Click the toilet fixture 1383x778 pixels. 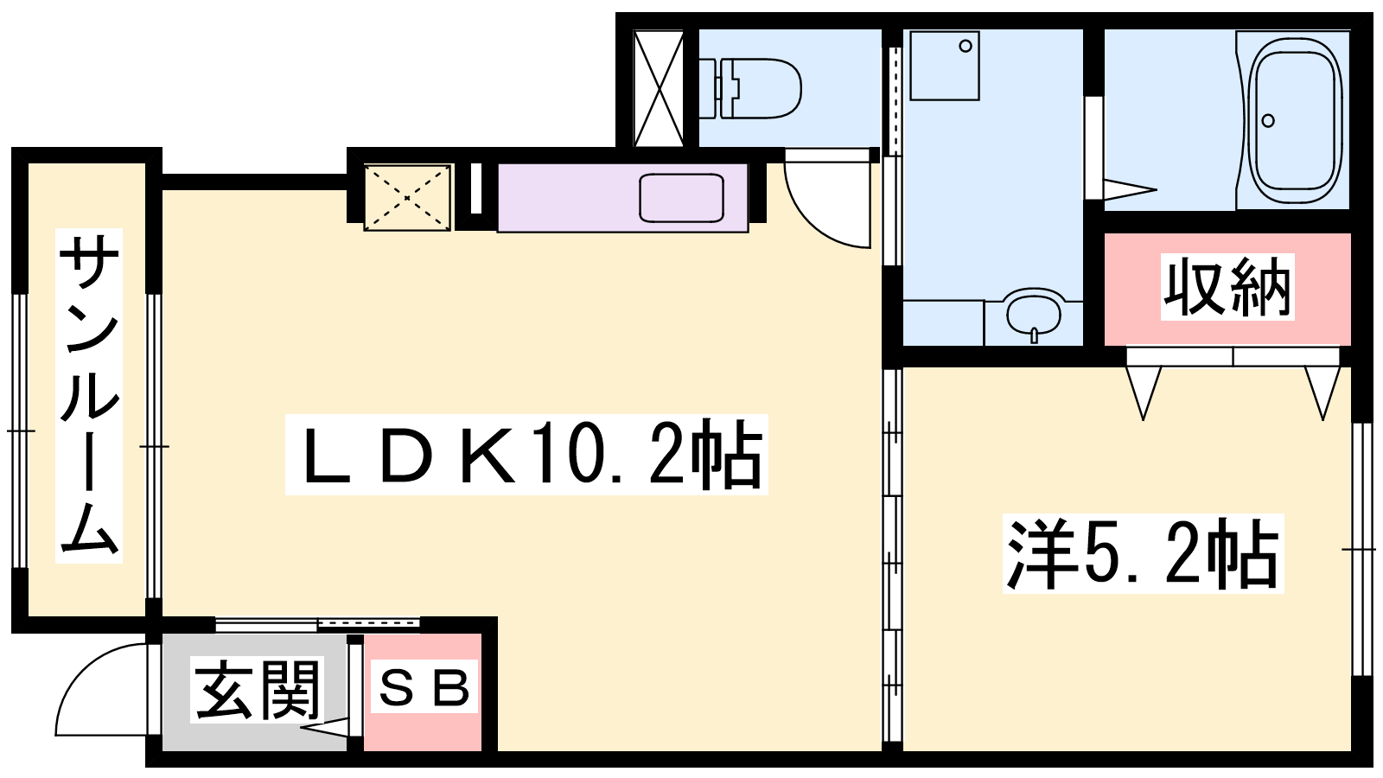tap(749, 88)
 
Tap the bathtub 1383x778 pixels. tap(1296, 120)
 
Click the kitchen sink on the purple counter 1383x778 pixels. tap(682, 198)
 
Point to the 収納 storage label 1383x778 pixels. tap(1227, 287)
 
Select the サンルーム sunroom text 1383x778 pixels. tap(89, 395)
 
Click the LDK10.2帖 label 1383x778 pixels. tap(526, 455)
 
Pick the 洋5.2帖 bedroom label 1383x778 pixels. tap(1144, 553)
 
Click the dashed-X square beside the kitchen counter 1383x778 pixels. tap(407, 198)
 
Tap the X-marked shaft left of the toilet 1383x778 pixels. tap(659, 88)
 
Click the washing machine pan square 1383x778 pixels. tap(945, 66)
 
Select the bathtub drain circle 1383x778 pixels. tap(1268, 120)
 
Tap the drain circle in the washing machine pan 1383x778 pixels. tap(966, 46)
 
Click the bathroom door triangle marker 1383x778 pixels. tap(1130, 189)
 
